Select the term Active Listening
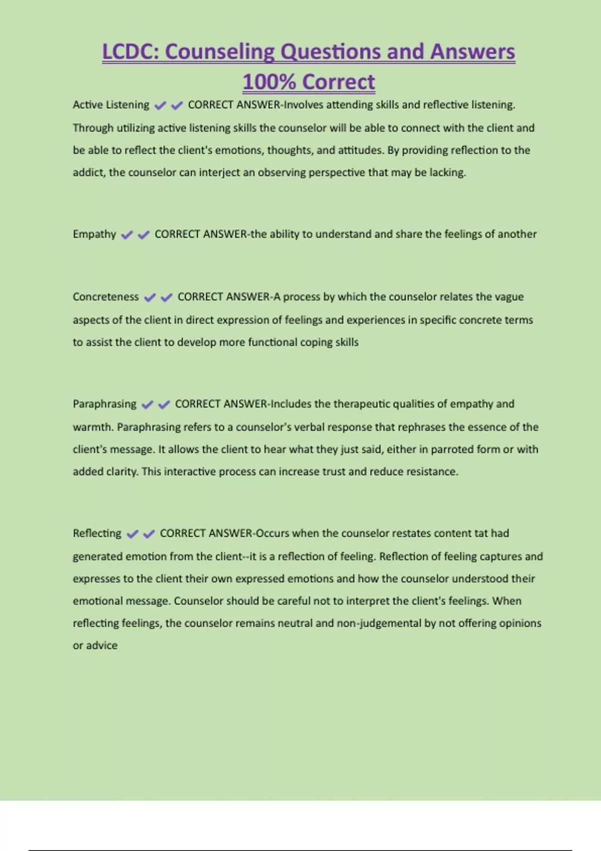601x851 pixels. pyautogui.click(x=111, y=105)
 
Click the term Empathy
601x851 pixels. pyautogui.click(x=94, y=234)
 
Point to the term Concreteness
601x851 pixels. pyautogui.click(x=106, y=297)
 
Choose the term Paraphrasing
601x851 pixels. pyautogui.click(x=104, y=404)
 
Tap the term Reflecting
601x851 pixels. pyautogui.click(x=97, y=534)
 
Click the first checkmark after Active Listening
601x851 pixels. pyautogui.click(x=160, y=106)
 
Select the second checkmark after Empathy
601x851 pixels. pyautogui.click(x=144, y=235)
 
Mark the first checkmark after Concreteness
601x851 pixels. pyautogui.click(x=150, y=297)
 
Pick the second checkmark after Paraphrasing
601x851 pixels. pyautogui.click(x=164, y=404)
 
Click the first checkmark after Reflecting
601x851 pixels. pyautogui.click(x=132, y=534)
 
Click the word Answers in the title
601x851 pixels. pyautogui.click(x=472, y=52)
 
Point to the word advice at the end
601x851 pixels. pyautogui.click(x=102, y=646)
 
